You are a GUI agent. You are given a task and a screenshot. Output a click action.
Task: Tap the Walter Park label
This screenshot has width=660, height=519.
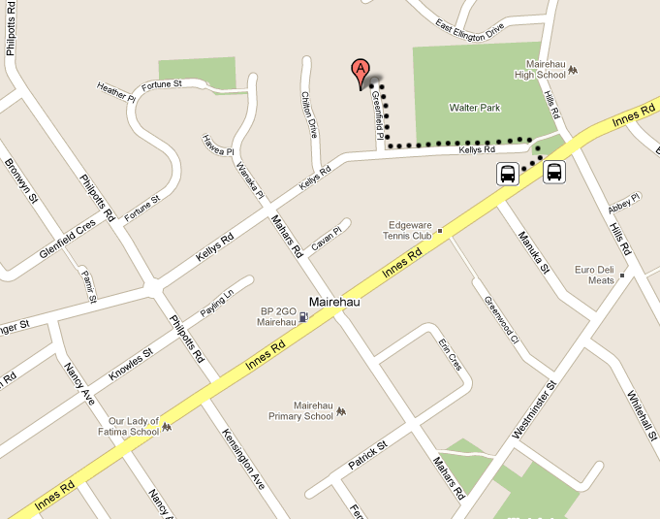coord(474,107)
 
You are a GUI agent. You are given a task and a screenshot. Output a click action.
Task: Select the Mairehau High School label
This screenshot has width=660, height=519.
coord(540,68)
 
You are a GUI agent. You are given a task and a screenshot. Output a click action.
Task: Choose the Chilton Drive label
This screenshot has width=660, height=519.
coord(310,114)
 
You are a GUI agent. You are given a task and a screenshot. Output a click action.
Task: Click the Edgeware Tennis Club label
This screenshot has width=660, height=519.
coord(409,229)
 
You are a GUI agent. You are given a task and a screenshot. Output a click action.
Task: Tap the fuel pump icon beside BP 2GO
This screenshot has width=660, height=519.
coord(304,316)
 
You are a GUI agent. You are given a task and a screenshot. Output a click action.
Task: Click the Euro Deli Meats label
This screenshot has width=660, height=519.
coord(595,274)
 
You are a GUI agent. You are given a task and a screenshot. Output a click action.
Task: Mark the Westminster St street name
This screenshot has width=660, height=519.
coord(537,410)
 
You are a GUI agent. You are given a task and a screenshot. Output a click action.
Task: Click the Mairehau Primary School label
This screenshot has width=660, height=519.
coord(301,410)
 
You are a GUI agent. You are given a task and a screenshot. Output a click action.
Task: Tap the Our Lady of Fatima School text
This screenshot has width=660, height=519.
coord(133,426)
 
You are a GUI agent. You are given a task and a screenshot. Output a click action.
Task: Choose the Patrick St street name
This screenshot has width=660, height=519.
coord(367,454)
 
